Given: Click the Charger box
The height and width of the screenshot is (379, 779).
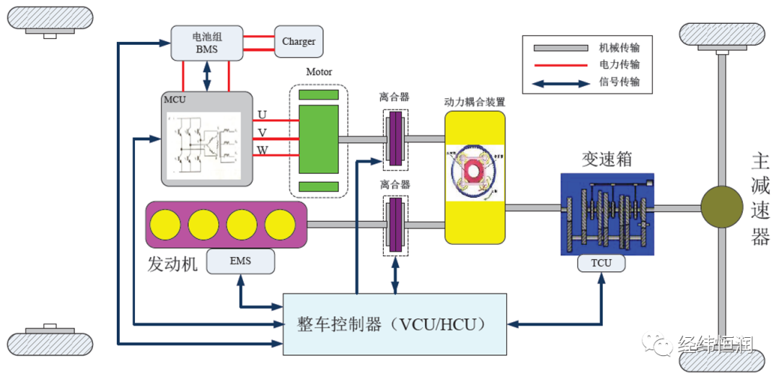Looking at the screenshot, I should (x=299, y=42).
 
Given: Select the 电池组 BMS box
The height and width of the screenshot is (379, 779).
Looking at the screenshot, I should (x=206, y=43).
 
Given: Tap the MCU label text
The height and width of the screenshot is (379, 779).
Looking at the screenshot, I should (x=175, y=100).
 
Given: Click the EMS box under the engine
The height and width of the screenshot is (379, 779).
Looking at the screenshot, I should (x=240, y=261).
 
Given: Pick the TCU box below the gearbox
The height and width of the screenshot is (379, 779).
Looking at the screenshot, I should (x=601, y=263).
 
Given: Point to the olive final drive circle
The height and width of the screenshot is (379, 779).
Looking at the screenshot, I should (x=721, y=208).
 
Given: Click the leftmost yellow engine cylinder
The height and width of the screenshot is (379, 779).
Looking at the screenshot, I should (x=166, y=225).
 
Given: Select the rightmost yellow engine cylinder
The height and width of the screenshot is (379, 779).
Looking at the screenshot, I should (x=280, y=225).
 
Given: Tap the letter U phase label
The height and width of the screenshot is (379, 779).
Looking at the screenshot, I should (x=262, y=115).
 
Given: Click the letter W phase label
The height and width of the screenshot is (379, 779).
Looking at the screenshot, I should (x=263, y=150).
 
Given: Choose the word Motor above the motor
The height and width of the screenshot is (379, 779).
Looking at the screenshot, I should (x=319, y=72).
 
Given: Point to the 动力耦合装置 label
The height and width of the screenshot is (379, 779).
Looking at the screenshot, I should (x=474, y=102).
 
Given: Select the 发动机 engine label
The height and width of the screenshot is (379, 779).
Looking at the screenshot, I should (x=172, y=264).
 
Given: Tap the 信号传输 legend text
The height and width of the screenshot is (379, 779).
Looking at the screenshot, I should (x=619, y=82).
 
